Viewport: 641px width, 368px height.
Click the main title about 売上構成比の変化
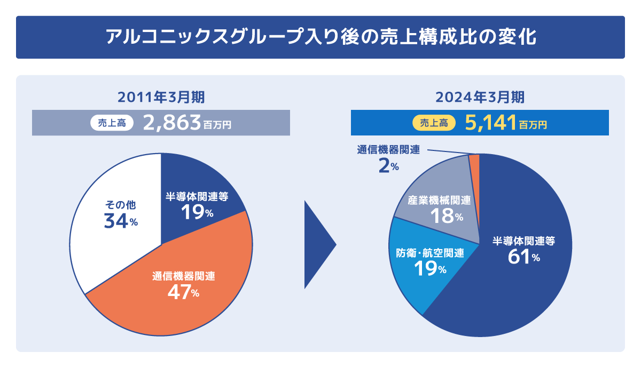[x=320, y=37]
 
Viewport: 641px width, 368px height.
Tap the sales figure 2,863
[x=172, y=123]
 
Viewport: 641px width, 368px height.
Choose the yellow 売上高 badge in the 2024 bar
[x=433, y=123]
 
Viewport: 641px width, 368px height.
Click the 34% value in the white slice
[x=121, y=220]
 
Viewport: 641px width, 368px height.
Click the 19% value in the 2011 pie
[x=197, y=212]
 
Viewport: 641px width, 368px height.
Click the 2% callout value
[x=388, y=166]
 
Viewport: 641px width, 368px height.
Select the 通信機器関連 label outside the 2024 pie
[x=388, y=150]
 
